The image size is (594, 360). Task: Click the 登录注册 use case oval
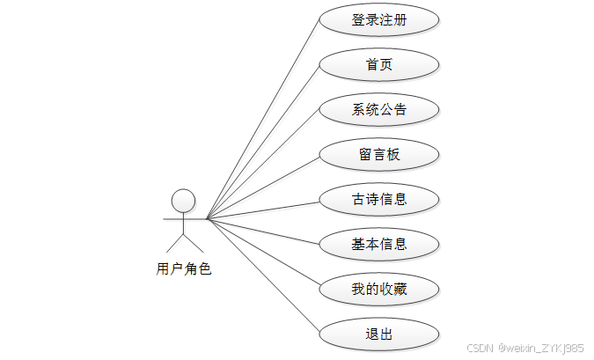click(x=378, y=20)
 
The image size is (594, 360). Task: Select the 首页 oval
click(x=378, y=65)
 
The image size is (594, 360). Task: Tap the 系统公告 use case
click(x=378, y=110)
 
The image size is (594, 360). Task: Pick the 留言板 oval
click(x=378, y=155)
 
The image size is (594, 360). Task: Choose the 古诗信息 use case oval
click(x=378, y=200)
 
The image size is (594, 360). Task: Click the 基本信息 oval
click(x=378, y=245)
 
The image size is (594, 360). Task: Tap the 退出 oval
click(x=378, y=334)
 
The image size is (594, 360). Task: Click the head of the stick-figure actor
click(x=183, y=201)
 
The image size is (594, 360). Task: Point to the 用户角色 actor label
click(x=184, y=269)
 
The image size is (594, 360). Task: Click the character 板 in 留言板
click(x=392, y=155)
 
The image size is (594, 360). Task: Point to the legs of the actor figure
click(x=183, y=243)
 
